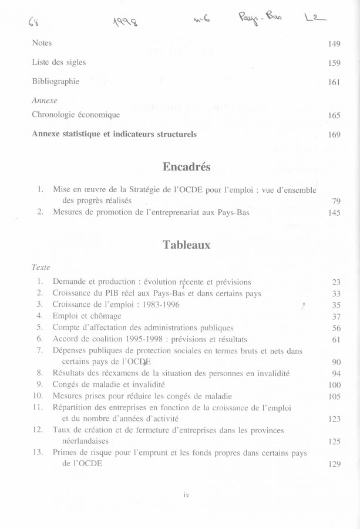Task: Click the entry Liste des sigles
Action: coord(59,63)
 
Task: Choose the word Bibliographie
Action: coord(55,82)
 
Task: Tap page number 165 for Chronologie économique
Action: coord(334,116)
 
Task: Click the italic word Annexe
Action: coord(45,101)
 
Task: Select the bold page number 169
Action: coord(334,135)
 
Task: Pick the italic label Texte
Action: coord(42,267)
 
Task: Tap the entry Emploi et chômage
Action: coord(87,316)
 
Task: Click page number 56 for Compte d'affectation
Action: coord(336,328)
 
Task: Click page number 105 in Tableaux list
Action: coord(334,396)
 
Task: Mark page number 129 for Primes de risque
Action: coord(334,464)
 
